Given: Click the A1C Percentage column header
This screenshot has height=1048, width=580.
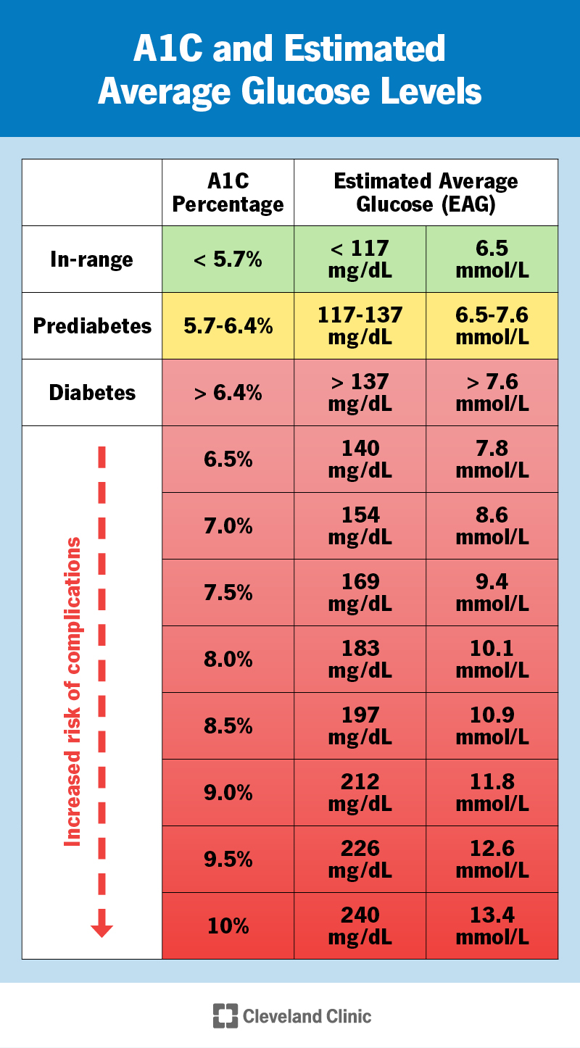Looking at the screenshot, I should [228, 193].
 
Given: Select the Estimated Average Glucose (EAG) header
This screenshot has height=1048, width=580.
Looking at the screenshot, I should [426, 193].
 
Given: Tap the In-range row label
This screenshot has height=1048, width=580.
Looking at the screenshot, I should [92, 259].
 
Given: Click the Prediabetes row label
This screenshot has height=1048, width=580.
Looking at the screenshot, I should [92, 326].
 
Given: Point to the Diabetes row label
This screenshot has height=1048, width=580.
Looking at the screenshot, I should [92, 393].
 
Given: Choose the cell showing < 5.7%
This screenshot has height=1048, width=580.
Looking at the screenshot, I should [228, 259].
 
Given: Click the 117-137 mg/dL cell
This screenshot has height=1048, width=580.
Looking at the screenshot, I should [360, 326].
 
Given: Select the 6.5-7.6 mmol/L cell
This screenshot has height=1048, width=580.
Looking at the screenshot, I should [492, 326].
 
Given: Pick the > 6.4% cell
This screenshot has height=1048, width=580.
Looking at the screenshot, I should [228, 393].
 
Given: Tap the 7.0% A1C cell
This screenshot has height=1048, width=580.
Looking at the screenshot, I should [228, 526].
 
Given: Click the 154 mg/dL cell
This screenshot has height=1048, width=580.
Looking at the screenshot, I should [360, 526].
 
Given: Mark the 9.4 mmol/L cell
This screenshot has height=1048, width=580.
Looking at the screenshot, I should [492, 593].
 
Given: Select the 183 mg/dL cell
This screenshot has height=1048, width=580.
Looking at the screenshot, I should [360, 660].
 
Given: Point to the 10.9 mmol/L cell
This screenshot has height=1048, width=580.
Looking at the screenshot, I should [492, 726].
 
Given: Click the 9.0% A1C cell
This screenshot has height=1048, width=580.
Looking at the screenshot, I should [228, 793].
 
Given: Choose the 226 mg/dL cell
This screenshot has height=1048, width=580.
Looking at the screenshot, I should [360, 860].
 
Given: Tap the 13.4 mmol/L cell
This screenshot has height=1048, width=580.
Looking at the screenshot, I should [492, 926].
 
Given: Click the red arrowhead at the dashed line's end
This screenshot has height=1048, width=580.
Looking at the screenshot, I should [101, 929].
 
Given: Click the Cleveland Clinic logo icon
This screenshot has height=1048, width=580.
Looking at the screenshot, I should [225, 1016].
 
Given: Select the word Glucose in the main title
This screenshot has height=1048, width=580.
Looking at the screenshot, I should [291, 92].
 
